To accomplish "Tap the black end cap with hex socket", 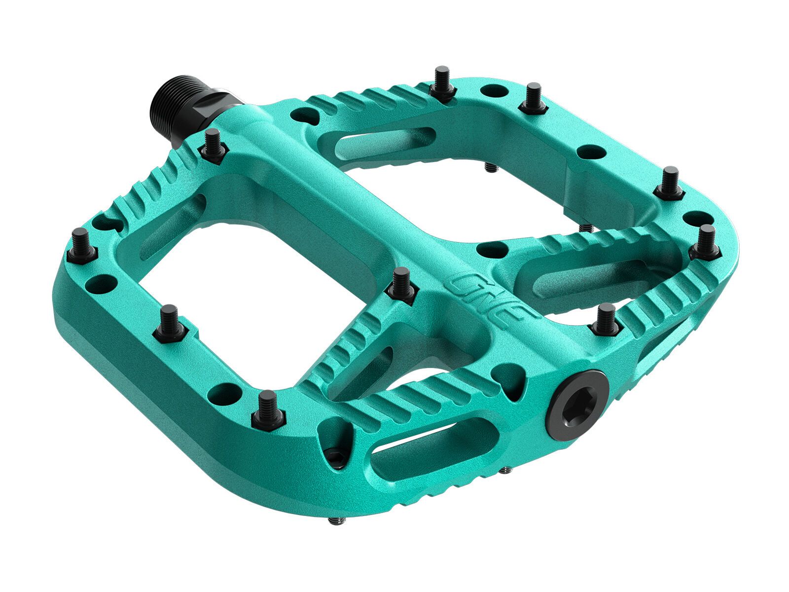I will [x=576, y=406].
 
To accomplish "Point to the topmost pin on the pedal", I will [x=441, y=85].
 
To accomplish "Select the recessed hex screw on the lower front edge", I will [x=337, y=457].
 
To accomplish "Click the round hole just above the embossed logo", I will [x=492, y=250].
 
